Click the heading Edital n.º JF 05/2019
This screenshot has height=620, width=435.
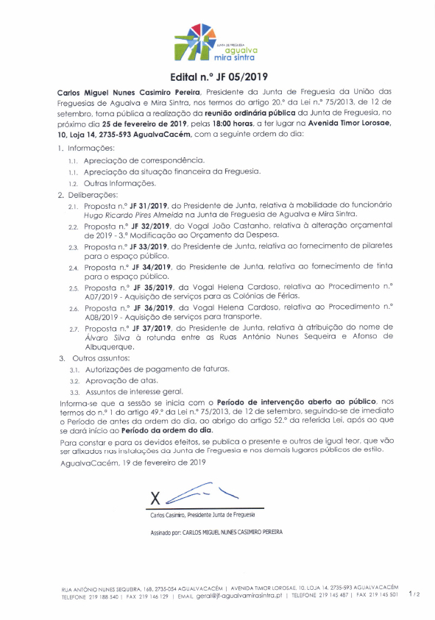pos(217,76)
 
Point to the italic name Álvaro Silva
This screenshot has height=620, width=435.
pos(104,337)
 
